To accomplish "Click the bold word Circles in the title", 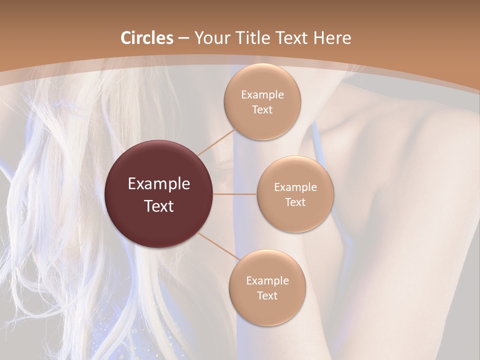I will pyautogui.click(x=147, y=38).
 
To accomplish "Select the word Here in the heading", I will pyautogui.click(x=331, y=38).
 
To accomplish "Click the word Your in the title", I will pyautogui.click(x=209, y=38).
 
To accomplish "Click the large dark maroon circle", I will pyautogui.click(x=159, y=194).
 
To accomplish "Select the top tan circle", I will pyautogui.click(x=262, y=102).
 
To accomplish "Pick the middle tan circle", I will pyautogui.click(x=295, y=194).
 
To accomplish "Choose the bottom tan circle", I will pyautogui.click(x=267, y=287).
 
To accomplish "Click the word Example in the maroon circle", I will pyautogui.click(x=159, y=184).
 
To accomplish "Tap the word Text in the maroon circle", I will pyautogui.click(x=159, y=206).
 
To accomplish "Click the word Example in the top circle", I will pyautogui.click(x=262, y=95).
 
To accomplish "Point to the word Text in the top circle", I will pyautogui.click(x=262, y=110).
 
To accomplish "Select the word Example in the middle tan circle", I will pyautogui.click(x=295, y=187).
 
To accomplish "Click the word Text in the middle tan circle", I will pyautogui.click(x=295, y=202).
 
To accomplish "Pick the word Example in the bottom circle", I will pyautogui.click(x=267, y=280).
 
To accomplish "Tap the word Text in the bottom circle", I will pyautogui.click(x=267, y=296).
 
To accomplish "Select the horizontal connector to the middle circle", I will pyautogui.click(x=235, y=194).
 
